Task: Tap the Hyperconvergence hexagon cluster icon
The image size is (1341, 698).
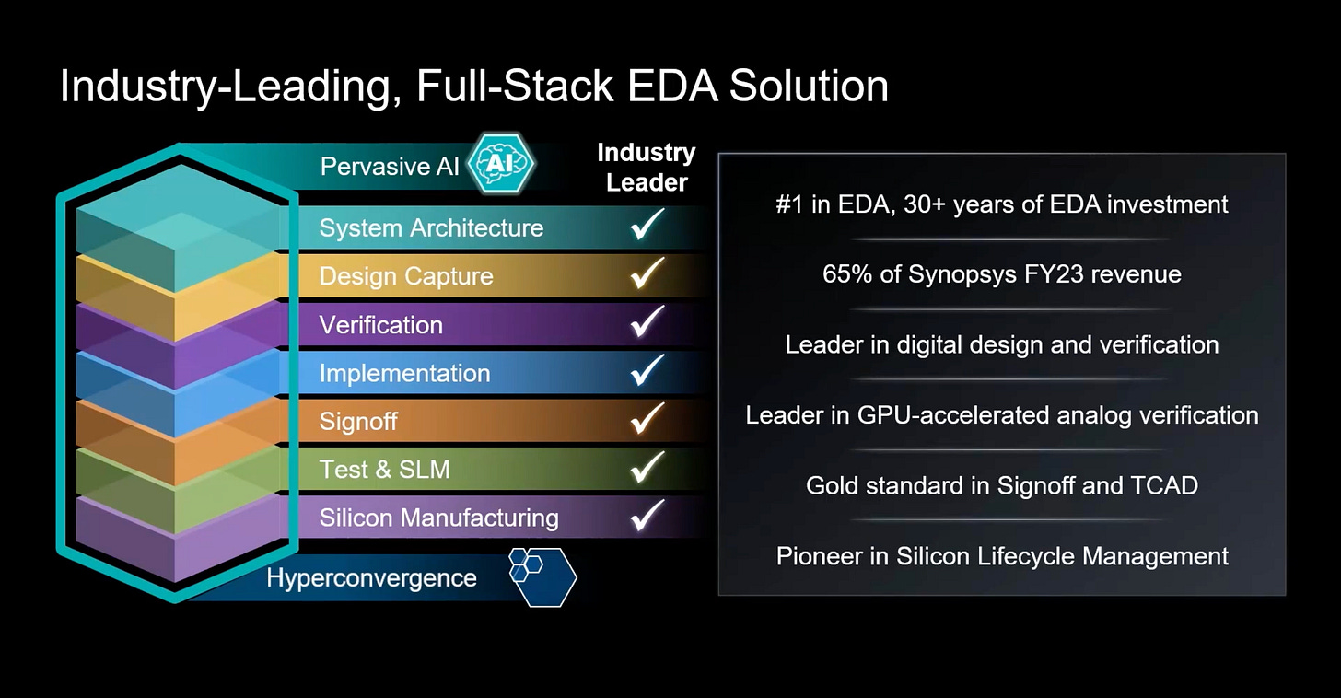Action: (542, 576)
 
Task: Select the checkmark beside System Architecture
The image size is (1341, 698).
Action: (647, 225)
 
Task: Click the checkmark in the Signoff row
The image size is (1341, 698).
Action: (647, 419)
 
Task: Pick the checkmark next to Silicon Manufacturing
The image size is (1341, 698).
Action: (647, 515)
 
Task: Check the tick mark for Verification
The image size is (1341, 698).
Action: (647, 321)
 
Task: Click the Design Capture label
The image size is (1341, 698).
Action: (405, 276)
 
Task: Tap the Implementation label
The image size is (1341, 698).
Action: (404, 373)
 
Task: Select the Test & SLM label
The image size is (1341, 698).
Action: (384, 470)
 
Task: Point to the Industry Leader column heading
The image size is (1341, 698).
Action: (647, 168)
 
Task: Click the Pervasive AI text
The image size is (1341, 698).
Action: (389, 167)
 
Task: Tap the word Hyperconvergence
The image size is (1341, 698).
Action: (371, 578)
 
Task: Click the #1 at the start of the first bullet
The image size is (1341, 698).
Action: (789, 204)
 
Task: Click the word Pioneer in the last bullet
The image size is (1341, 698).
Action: (821, 556)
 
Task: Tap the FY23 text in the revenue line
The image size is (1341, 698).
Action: (1046, 273)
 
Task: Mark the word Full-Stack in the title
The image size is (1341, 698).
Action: (515, 86)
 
